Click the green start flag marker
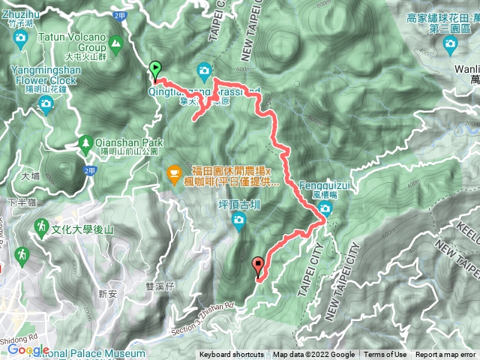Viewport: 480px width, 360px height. pyautogui.click(x=155, y=70)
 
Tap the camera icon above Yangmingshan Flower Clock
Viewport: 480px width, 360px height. pyautogui.click(x=46, y=104)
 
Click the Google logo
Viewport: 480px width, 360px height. pyautogui.click(x=28, y=349)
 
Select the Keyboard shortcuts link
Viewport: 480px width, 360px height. pyautogui.click(x=233, y=355)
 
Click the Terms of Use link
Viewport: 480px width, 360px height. pyautogui.click(x=385, y=355)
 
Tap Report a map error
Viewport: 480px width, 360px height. pyautogui.click(x=445, y=355)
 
